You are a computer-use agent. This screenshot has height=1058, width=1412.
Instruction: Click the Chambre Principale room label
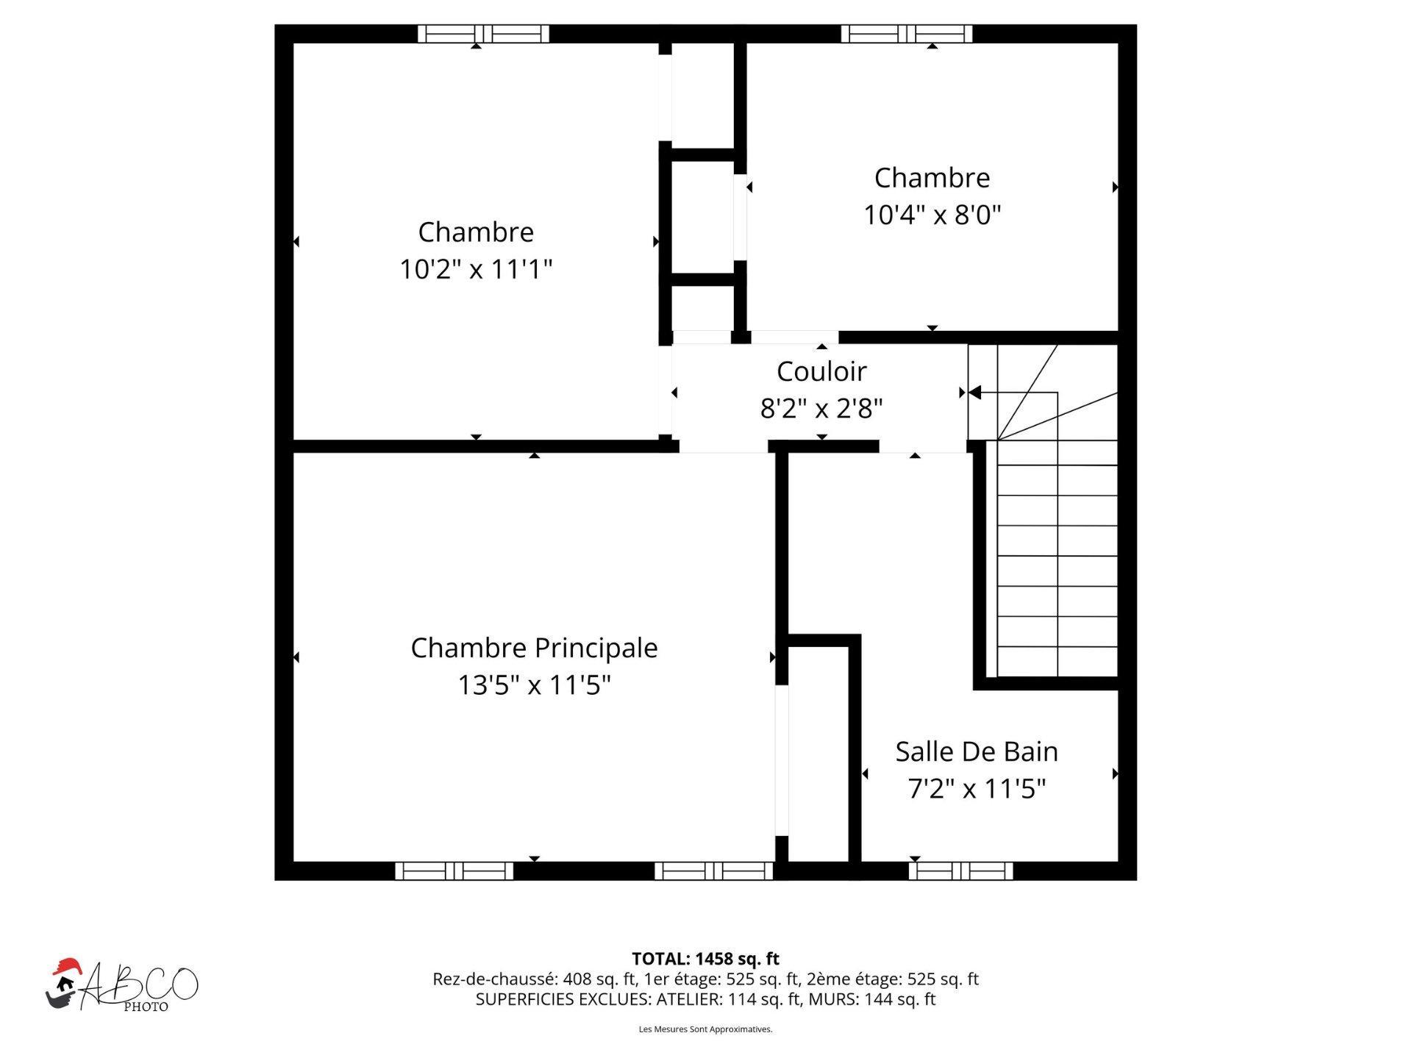534,648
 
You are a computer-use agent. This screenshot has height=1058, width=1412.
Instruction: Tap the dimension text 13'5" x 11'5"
534,685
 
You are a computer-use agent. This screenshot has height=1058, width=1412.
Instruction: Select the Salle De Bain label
976,751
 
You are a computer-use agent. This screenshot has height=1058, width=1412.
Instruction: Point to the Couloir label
821,371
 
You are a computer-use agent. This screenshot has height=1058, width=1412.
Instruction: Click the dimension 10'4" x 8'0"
932,215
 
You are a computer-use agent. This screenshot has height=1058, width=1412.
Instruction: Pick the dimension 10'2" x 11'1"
475,269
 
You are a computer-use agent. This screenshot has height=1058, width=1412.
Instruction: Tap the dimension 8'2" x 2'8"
821,408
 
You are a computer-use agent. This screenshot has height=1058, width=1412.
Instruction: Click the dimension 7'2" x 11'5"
976,789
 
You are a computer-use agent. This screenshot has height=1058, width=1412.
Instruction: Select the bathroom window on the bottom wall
960,871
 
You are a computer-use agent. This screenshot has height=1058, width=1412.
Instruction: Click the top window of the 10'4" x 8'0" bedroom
906,34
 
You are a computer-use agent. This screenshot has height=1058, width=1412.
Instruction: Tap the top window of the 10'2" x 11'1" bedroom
483,34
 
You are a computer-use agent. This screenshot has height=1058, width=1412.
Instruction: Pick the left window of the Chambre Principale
454,871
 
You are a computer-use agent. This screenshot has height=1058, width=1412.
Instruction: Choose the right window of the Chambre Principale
713,871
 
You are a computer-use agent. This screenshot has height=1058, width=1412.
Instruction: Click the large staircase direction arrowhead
974,393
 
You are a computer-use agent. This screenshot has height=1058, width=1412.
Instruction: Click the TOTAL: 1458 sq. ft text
705,959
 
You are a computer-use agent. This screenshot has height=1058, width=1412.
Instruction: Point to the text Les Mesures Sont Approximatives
705,1029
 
